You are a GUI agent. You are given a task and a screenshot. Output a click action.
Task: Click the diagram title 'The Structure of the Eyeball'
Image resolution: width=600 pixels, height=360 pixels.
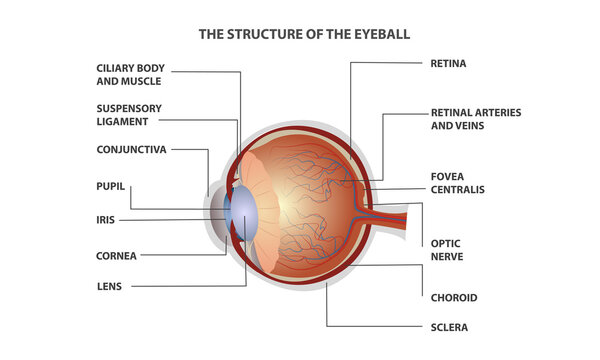click(x=304, y=34)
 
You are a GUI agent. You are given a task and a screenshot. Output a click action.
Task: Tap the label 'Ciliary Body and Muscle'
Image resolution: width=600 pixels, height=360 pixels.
click(x=131, y=76)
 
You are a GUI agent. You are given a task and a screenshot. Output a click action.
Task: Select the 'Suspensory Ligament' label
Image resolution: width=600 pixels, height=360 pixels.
click(x=129, y=115)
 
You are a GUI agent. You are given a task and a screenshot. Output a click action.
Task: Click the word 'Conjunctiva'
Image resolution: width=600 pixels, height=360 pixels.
click(x=131, y=149)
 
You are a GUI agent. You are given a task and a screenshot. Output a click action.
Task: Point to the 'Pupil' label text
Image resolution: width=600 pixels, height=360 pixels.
click(x=112, y=185)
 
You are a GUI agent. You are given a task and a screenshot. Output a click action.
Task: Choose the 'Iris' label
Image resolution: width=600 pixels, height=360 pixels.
click(x=106, y=219)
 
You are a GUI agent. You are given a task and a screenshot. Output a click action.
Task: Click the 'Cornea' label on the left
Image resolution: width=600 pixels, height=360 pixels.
click(x=117, y=255)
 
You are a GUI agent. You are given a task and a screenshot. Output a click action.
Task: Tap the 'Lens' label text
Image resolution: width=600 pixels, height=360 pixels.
click(x=111, y=287)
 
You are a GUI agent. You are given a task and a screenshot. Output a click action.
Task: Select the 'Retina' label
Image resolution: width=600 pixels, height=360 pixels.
click(x=448, y=63)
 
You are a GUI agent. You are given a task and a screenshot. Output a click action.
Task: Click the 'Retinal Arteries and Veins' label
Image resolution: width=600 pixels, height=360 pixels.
click(x=475, y=120)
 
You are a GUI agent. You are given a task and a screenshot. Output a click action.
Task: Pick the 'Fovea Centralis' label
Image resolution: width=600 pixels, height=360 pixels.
click(x=457, y=182)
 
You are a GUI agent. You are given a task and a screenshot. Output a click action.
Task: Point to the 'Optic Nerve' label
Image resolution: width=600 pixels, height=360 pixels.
click(x=445, y=250)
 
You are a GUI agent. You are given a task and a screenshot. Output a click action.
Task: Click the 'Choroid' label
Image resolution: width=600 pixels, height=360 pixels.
click(x=453, y=297)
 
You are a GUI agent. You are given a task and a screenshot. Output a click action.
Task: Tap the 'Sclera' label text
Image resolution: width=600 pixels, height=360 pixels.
click(x=449, y=327)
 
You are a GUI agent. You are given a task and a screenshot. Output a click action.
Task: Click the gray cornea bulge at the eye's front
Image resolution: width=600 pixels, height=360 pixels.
click(x=214, y=213)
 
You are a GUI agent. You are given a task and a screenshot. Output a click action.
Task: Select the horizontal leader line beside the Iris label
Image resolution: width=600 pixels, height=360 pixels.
click(x=170, y=219)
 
